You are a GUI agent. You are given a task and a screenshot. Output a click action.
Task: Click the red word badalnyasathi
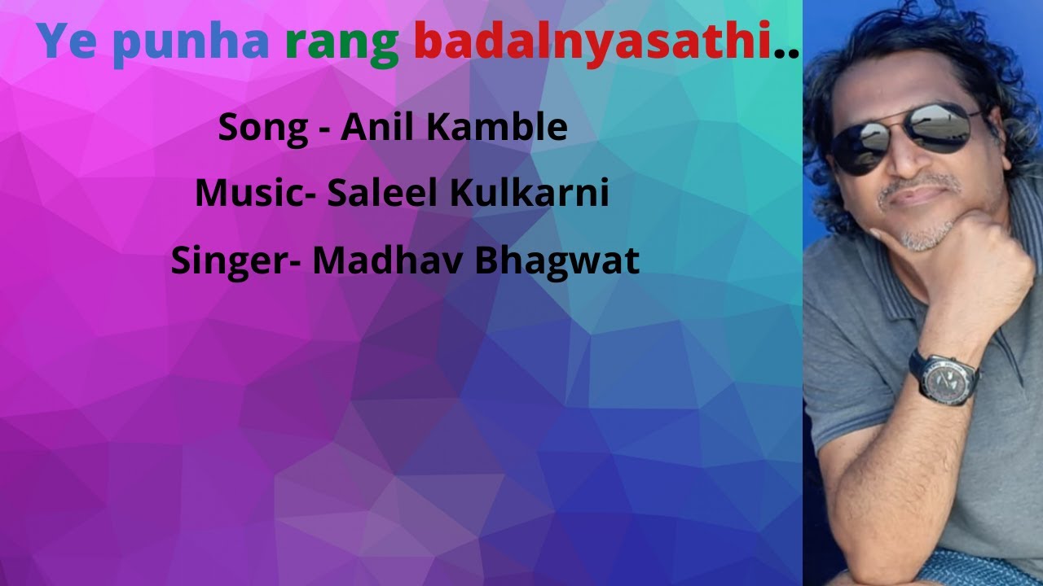click(x=592, y=43)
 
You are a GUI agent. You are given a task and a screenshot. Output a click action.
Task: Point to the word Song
click(x=262, y=129)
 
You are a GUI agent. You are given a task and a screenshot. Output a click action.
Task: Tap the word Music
click(x=249, y=194)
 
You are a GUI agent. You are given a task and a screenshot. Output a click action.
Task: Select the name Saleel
click(x=380, y=194)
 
